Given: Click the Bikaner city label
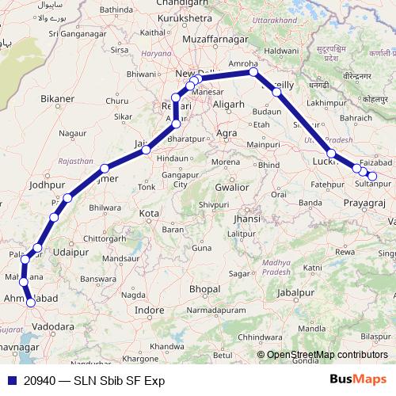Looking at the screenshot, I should (57, 99).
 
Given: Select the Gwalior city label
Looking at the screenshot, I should (231, 188).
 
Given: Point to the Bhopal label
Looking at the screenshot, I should (204, 290).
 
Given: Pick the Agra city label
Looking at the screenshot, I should (227, 131).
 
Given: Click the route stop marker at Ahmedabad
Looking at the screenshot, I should (31, 303).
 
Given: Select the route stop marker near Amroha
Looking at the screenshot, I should (253, 72).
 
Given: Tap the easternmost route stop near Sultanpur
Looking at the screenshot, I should (372, 176).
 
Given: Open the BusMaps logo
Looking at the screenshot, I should (358, 380).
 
